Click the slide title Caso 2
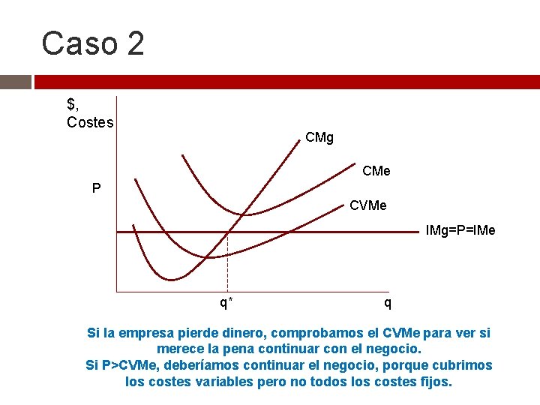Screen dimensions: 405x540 [93, 43]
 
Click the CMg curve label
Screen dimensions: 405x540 [319, 138]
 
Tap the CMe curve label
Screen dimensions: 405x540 [376, 172]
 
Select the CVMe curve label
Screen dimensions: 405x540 [368, 205]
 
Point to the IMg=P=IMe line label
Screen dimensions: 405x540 [460, 230]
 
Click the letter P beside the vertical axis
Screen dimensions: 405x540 [96, 188]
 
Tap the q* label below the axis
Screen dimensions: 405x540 [226, 303]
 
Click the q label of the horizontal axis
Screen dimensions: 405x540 [387, 303]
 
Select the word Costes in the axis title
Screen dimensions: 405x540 [90, 122]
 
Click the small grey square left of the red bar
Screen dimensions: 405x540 [15, 82]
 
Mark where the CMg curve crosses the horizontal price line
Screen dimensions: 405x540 [227, 232]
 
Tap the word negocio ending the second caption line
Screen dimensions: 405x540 [397, 349]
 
